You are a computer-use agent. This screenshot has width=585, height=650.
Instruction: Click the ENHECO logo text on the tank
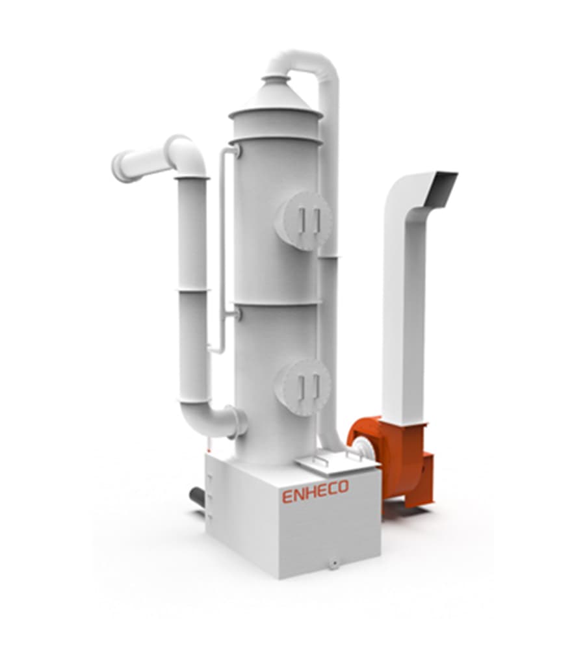(315, 491)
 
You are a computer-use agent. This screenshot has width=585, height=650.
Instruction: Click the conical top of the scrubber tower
(276, 96)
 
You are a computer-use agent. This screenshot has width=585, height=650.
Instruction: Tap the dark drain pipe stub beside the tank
(197, 499)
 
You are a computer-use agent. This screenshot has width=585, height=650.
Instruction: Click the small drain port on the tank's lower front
(332, 563)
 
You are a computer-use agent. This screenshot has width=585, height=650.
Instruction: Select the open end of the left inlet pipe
(118, 167)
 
